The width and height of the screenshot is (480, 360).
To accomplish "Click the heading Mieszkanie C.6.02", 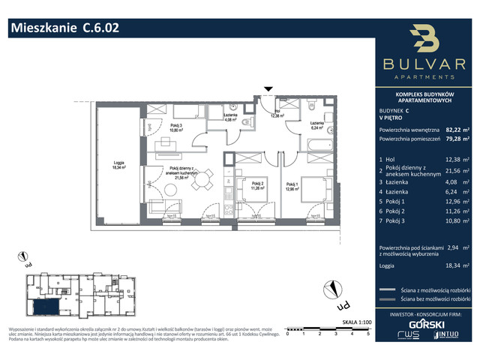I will coord(64,28).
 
